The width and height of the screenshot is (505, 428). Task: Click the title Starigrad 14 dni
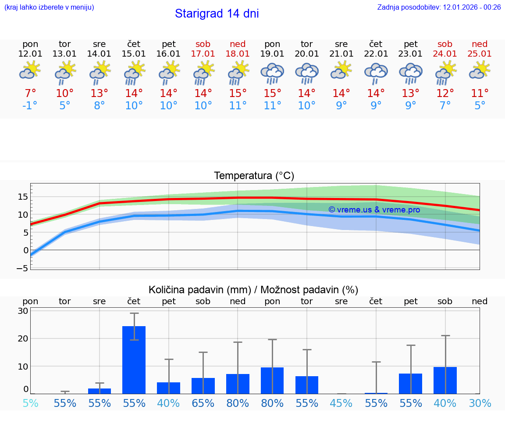[217, 14]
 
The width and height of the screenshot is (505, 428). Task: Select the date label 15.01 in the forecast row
[134, 54]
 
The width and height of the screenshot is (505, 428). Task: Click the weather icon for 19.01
[272, 73]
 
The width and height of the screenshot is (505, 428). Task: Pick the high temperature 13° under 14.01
[100, 94]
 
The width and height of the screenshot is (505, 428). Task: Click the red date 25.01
[480, 54]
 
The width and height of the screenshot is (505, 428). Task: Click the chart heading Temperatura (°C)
[254, 176]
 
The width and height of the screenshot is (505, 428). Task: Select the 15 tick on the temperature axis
[23, 197]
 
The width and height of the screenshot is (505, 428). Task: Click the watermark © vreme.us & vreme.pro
[374, 210]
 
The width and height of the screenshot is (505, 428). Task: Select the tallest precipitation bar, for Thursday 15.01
[134, 360]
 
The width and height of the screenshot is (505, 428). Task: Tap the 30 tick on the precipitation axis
[23, 311]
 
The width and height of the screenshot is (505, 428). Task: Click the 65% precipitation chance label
[203, 403]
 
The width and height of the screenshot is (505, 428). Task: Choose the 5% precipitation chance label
[30, 403]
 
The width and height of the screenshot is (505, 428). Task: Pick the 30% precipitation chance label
[480, 403]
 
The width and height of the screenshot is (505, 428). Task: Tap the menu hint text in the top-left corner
[49, 7]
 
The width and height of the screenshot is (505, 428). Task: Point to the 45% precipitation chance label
[341, 403]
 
